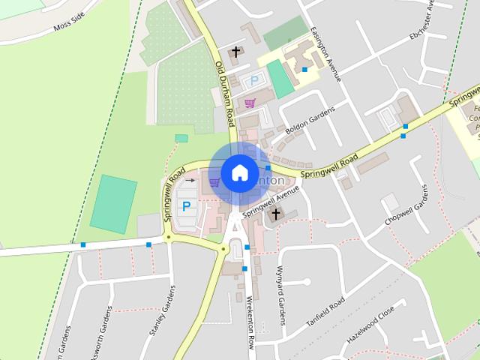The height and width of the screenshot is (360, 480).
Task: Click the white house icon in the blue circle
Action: (x=239, y=172)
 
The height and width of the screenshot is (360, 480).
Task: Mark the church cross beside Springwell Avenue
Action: (x=275, y=214)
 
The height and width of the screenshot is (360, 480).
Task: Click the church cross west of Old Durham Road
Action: (x=236, y=51)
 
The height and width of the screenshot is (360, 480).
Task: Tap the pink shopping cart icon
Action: (x=250, y=103)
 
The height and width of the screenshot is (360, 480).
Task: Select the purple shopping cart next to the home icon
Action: (x=214, y=181)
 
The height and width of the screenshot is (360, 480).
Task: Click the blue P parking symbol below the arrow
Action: (x=185, y=205)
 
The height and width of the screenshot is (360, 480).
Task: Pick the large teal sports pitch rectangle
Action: (x=113, y=202)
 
